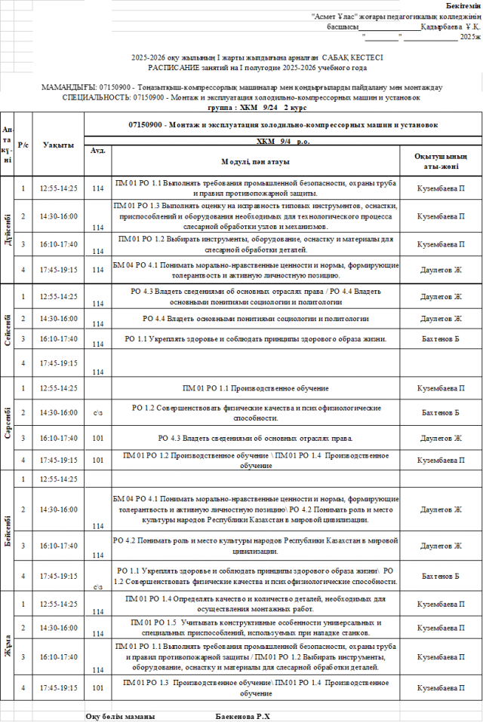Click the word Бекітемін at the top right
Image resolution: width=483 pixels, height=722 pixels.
coord(457,5)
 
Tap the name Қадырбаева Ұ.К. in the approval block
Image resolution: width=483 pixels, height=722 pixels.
coord(451,26)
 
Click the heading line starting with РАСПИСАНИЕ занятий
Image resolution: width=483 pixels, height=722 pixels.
coord(257,67)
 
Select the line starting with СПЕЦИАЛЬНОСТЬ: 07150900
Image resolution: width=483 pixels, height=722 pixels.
coord(241,98)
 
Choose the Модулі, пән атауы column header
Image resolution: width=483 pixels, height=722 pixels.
coord(255,162)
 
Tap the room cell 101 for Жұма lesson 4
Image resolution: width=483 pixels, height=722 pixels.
coord(97,687)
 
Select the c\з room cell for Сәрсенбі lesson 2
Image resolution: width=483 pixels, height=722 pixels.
coord(97,413)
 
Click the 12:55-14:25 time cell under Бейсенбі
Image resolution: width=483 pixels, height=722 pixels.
coord(58,479)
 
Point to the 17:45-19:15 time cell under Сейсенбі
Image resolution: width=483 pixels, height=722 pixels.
coord(58,363)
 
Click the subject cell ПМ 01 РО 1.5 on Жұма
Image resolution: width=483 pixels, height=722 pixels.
coord(255,628)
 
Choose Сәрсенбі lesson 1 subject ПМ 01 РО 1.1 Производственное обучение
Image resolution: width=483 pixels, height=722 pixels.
coord(255,388)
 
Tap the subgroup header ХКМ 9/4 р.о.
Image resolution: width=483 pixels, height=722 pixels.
coord(283,140)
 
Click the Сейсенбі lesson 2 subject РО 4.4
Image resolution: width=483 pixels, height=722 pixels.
coord(255,319)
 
